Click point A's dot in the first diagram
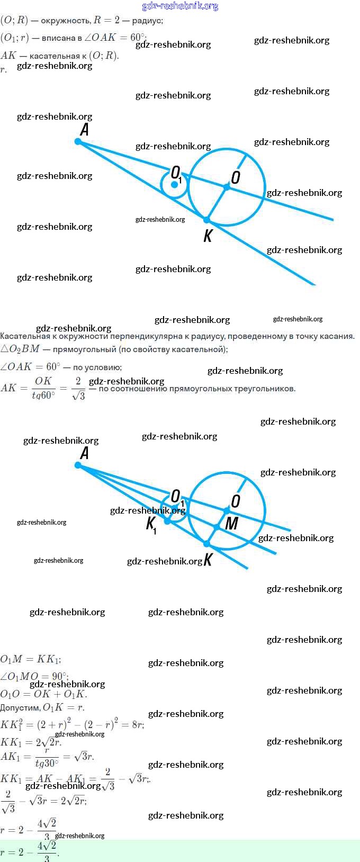click(x=78, y=141)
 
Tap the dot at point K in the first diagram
click(x=206, y=220)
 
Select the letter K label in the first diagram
click(x=208, y=236)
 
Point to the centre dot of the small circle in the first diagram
click(x=174, y=184)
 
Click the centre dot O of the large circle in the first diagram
click(x=227, y=187)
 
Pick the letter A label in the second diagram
click(x=84, y=453)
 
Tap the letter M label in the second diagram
click(x=231, y=524)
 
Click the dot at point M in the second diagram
click(x=217, y=527)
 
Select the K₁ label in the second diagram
click(x=151, y=524)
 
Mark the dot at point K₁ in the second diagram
click(x=167, y=521)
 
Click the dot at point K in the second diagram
click(x=206, y=544)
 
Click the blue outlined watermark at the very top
click(x=180, y=6)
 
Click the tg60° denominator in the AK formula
click(x=43, y=395)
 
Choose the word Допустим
click(x=20, y=708)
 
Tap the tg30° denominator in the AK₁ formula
click(x=47, y=763)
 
